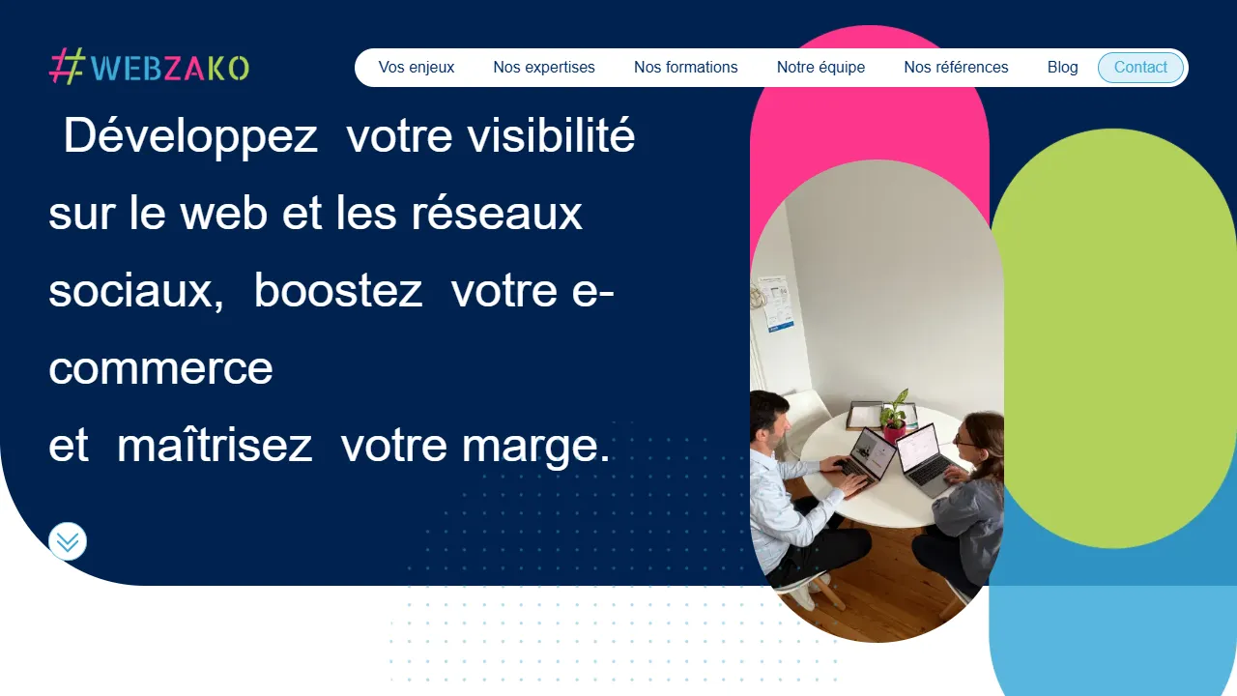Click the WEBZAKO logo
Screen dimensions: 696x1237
pyautogui.click(x=150, y=68)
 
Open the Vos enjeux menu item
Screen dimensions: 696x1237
pyautogui.click(x=417, y=68)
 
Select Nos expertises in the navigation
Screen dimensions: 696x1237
pyautogui.click(x=544, y=68)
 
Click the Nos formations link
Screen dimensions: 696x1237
pyautogui.click(x=686, y=68)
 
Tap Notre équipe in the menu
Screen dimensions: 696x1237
pyautogui.click(x=820, y=68)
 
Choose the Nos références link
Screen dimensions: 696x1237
pyautogui.click(x=956, y=68)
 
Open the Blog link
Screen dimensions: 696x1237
pyautogui.click(x=1062, y=68)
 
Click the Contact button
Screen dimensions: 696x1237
pyautogui.click(x=1140, y=68)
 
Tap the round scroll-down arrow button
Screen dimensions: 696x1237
pyautogui.click(x=68, y=541)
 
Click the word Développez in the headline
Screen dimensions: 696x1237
pyautogui.click(x=190, y=136)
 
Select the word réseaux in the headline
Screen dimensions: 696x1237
pyautogui.click(x=497, y=214)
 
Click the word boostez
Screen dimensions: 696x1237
pyautogui.click(x=338, y=291)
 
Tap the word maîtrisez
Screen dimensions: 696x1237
pyautogui.click(x=215, y=446)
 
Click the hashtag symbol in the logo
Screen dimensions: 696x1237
pyautogui.click(x=68, y=68)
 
